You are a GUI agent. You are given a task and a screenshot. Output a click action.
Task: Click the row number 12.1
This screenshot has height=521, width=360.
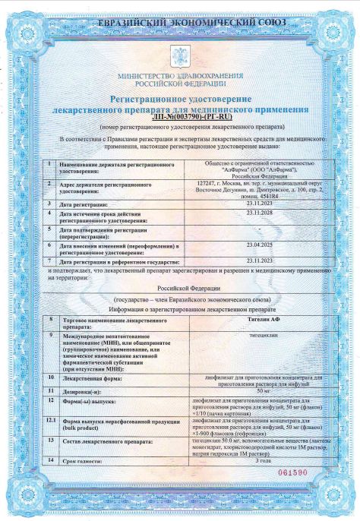[51, 418]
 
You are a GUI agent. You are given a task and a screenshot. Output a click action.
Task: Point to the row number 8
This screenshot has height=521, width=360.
[51, 322]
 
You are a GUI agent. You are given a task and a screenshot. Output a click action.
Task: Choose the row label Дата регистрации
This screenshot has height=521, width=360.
[81, 204]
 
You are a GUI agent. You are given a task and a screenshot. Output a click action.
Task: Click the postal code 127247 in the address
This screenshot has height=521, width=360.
[207, 183]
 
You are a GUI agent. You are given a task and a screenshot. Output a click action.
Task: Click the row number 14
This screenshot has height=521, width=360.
[51, 460]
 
